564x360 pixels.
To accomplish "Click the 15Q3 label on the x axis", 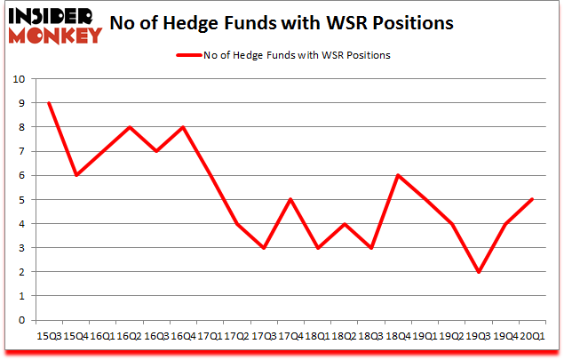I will [49, 336].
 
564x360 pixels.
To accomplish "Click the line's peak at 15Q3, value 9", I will [49, 102].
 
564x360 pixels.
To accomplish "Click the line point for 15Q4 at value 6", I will [75, 175].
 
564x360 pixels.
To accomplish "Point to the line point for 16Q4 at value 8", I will [184, 126].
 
